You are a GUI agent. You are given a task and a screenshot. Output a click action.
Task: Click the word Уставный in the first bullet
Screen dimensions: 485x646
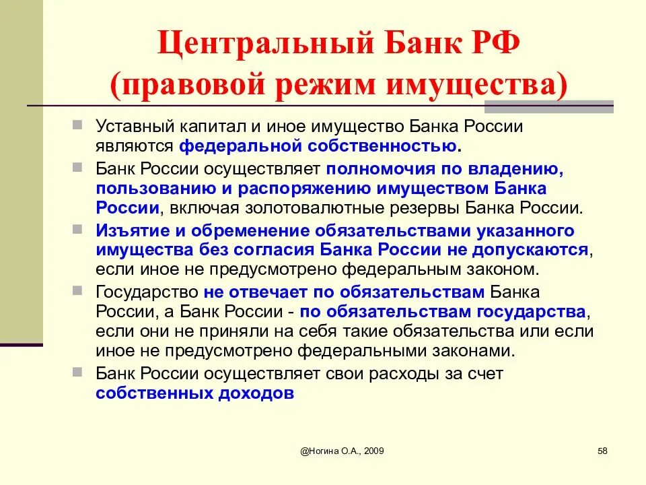click(132, 126)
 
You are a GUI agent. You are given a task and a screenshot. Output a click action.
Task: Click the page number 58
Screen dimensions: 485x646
click(602, 451)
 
